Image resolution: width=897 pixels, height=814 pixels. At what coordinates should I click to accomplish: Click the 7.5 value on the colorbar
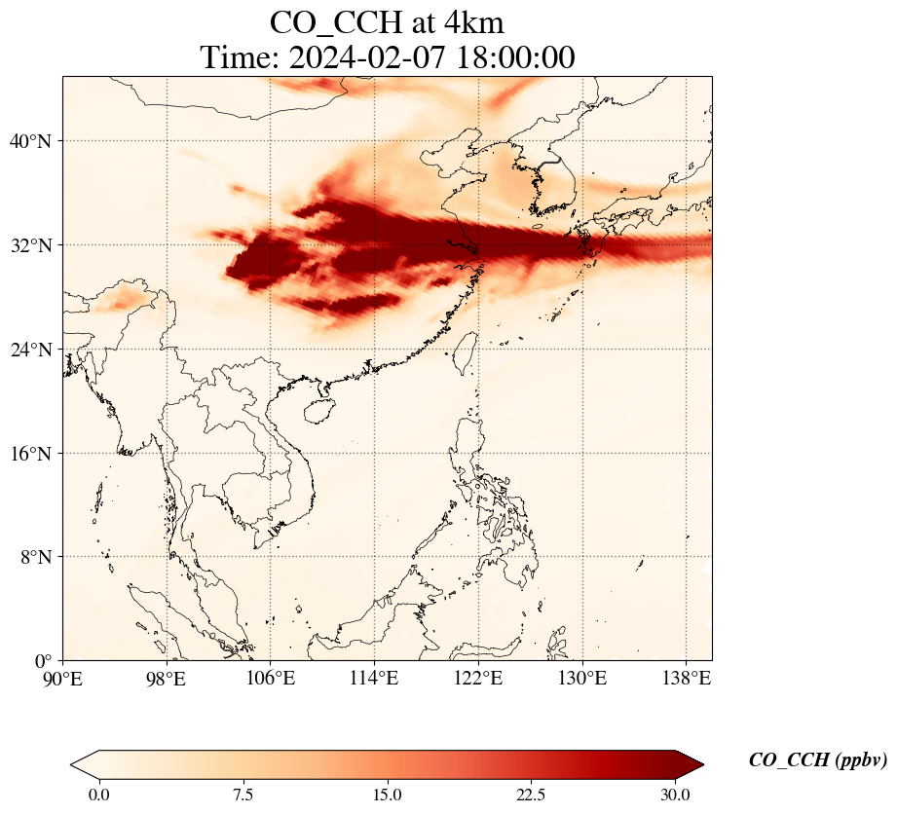click(x=243, y=795)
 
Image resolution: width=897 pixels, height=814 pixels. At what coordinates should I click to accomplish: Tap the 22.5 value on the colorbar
click(x=531, y=795)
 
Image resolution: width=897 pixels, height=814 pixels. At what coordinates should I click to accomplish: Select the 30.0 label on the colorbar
click(x=675, y=795)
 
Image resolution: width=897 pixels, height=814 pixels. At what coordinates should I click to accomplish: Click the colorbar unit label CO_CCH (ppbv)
click(x=817, y=760)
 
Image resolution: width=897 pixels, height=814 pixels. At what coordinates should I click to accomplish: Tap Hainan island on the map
click(x=317, y=410)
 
